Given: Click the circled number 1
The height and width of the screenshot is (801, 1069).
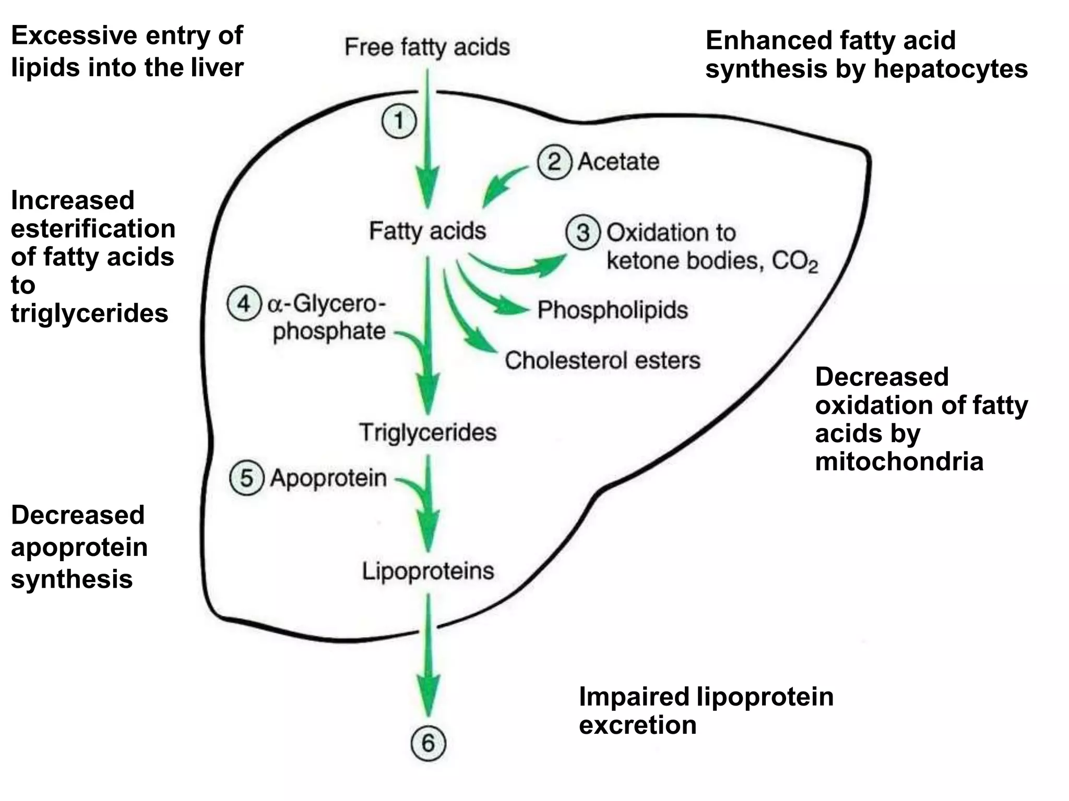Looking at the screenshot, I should coord(399,122).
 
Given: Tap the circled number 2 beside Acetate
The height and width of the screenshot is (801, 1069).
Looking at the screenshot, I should coord(554,162).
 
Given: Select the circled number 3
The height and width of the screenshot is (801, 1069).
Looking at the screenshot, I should coord(583,233).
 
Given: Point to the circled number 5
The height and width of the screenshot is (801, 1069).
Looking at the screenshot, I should coord(246,478).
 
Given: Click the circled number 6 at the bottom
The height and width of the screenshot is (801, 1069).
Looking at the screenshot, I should coord(428,743).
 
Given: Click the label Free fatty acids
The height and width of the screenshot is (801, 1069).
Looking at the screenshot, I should coord(427,47).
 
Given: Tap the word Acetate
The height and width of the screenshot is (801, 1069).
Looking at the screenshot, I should coord(619,162).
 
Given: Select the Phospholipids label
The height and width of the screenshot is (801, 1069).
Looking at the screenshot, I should coord(613,310).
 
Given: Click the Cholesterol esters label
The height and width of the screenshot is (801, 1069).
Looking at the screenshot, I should coord(602,361).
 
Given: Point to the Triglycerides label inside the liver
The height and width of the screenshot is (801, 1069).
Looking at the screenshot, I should coord(427,432).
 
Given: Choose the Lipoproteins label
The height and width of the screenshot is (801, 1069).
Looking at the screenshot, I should coord(428,571).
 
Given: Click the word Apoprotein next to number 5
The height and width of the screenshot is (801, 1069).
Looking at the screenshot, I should coord(328,478).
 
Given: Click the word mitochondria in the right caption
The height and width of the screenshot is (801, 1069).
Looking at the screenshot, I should coord(899,462).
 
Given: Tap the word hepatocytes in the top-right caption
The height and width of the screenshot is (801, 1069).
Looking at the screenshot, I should coord(951,69).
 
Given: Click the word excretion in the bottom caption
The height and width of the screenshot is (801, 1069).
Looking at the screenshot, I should coord(637,725).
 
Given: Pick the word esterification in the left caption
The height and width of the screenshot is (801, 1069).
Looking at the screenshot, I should coord(93,229).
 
